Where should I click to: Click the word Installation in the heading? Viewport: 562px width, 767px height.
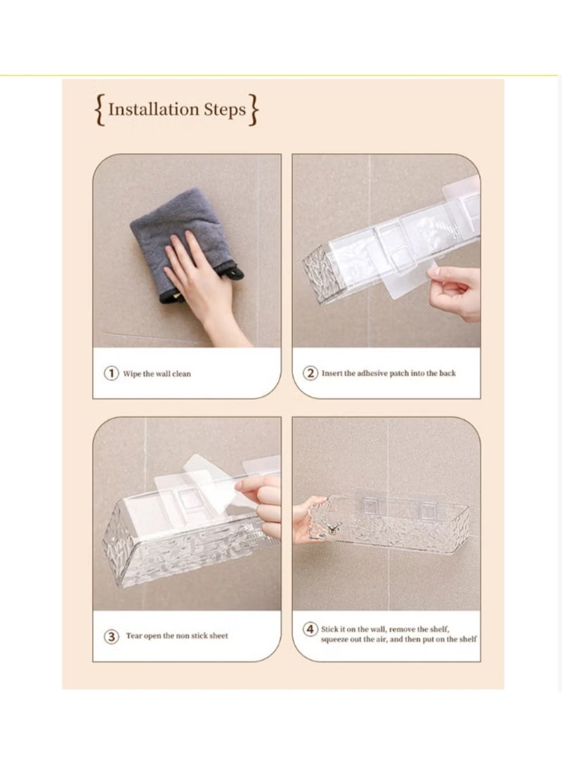click(153, 110)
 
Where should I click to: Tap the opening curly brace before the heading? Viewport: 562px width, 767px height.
click(100, 111)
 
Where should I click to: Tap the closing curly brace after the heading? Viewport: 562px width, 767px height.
click(254, 111)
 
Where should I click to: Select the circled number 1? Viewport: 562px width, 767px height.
click(111, 373)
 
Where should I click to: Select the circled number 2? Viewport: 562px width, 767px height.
click(310, 373)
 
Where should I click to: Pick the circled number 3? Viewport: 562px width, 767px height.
click(111, 636)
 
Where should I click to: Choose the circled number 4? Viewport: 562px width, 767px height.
click(310, 629)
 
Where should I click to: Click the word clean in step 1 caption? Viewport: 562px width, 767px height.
click(181, 374)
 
